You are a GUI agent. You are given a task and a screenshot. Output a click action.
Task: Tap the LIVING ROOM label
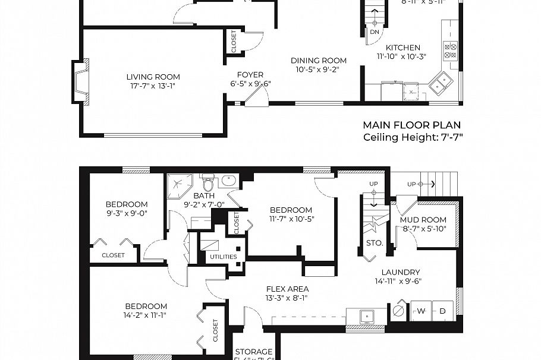(x=153, y=77)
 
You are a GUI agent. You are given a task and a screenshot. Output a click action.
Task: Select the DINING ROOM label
(x=318, y=60)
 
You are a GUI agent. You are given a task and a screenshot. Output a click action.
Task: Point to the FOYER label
(x=250, y=75)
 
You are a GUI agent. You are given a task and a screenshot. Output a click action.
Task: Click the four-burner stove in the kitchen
(x=451, y=51)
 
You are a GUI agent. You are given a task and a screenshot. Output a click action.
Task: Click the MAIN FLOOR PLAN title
(x=412, y=125)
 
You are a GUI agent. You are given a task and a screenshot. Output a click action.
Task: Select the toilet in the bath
(x=207, y=182)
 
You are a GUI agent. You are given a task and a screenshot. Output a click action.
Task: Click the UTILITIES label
(x=223, y=257)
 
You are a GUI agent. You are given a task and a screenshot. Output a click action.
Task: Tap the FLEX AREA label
(x=287, y=289)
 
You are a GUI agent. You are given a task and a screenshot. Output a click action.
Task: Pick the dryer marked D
(x=442, y=311)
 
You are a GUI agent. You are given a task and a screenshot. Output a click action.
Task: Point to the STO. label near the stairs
(x=375, y=243)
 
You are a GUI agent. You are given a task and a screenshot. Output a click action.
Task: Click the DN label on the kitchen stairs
(x=374, y=32)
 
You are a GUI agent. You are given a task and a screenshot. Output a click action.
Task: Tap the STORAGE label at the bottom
(x=254, y=352)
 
